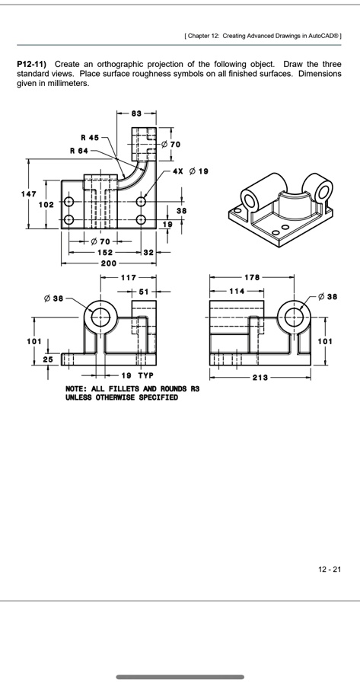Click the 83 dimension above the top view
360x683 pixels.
click(136, 113)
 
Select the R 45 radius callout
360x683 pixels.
click(89, 138)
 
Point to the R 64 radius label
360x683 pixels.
click(79, 151)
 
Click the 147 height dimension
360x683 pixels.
click(28, 194)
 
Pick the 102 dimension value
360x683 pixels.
click(46, 205)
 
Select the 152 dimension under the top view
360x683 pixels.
click(104, 252)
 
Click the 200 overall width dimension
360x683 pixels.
click(110, 263)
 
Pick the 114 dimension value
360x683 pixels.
click(237, 291)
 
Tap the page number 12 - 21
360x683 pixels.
click(330, 568)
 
